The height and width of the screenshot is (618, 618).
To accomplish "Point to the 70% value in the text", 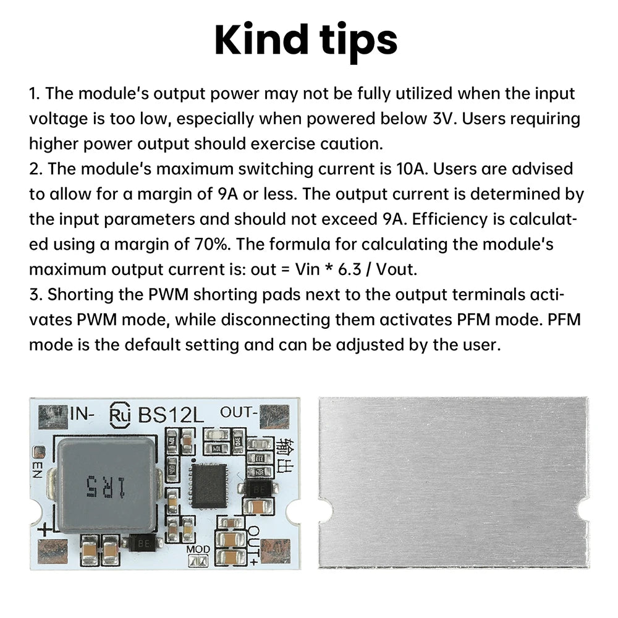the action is (211, 244).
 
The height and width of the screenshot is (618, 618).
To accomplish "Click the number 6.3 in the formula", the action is (350, 269).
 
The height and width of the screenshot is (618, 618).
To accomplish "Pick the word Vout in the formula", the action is (396, 269).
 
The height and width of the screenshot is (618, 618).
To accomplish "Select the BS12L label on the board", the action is (171, 415).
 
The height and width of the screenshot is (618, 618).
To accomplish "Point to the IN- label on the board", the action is (82, 414).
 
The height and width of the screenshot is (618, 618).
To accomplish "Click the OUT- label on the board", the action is (239, 412).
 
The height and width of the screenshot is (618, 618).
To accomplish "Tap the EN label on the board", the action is (38, 470).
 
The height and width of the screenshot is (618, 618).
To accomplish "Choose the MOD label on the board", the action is (198, 549).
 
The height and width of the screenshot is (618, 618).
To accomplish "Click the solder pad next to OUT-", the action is (275, 417).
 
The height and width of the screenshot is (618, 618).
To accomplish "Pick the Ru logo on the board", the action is (120, 415).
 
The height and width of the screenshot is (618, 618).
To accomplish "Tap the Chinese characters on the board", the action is (284, 454).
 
